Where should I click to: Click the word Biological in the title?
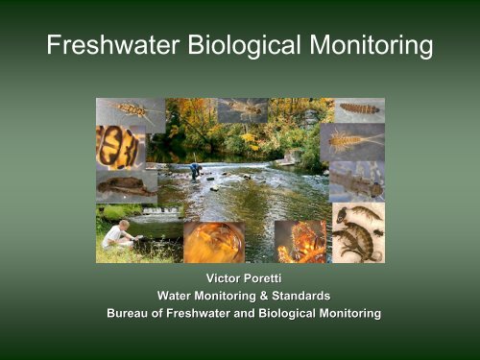(x=236, y=46)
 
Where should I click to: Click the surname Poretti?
(x=264, y=278)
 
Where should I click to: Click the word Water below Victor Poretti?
(x=177, y=296)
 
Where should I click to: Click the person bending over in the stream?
(x=196, y=171)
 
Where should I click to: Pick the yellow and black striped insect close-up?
(x=120, y=147)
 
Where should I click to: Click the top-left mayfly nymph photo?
(x=130, y=112)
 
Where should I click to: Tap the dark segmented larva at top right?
(x=359, y=108)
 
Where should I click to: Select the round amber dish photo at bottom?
(x=214, y=242)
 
